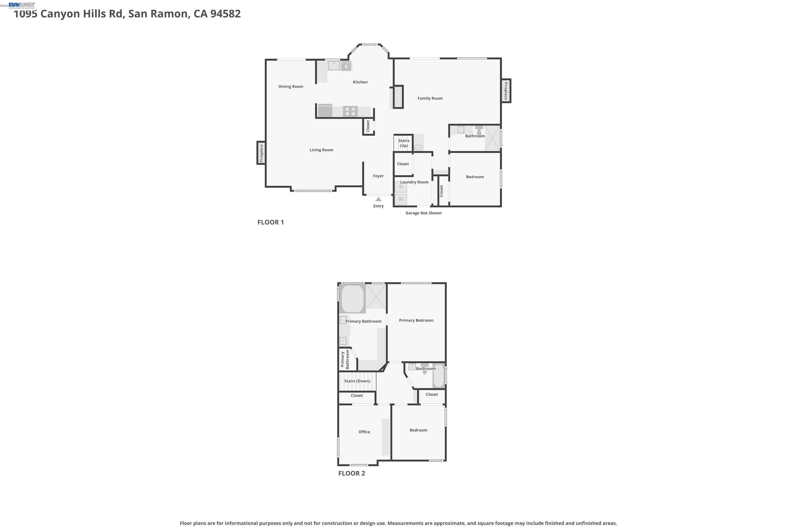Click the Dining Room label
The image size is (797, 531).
click(290, 86)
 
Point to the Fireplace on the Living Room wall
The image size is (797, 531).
click(261, 153)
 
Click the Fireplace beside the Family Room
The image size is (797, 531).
click(506, 91)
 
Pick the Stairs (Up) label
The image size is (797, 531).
click(403, 143)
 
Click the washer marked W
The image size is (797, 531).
click(401, 199)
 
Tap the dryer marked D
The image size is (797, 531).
click(401, 187)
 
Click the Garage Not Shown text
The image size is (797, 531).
click(423, 213)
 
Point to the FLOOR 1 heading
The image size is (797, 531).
click(270, 222)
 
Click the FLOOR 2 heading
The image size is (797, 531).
click(351, 473)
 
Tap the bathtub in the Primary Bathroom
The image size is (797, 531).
click(353, 299)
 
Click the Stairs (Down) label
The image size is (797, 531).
click(357, 381)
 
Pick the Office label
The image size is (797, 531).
click(364, 432)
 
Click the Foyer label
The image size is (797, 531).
click(378, 176)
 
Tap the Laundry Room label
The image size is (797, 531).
click(414, 182)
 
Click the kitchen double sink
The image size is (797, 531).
click(334, 65)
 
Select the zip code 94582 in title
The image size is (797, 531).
click(225, 14)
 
